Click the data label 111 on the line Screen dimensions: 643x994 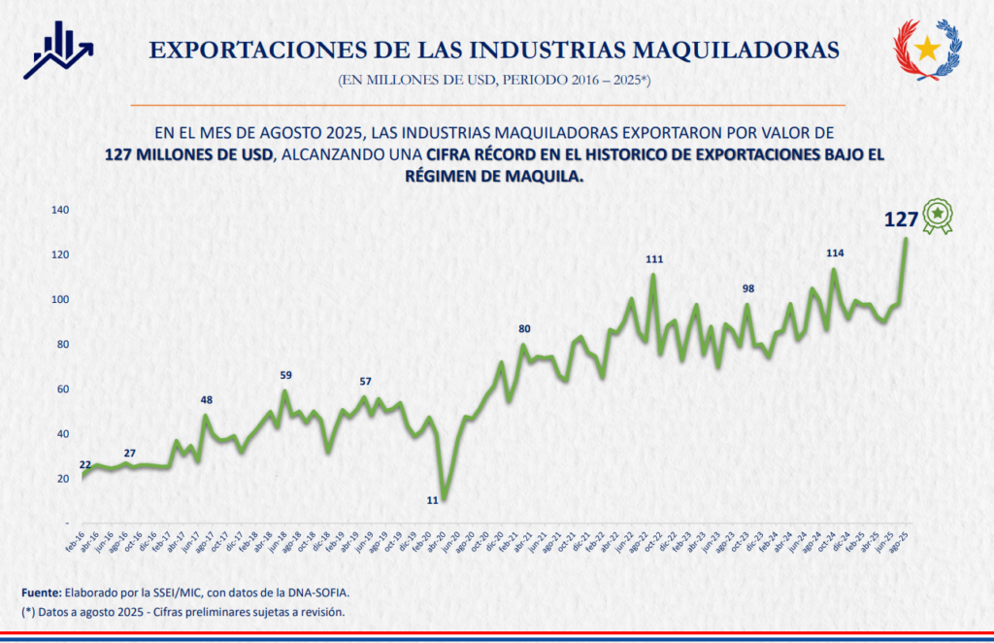(x=653, y=259)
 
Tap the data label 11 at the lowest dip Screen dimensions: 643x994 (x=434, y=500)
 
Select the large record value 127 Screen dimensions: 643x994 (x=901, y=220)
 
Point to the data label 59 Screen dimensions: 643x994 (x=285, y=375)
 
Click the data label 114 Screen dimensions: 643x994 (x=835, y=254)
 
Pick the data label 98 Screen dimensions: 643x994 (x=747, y=289)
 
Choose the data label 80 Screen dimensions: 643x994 (x=524, y=329)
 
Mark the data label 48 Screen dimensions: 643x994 (x=207, y=400)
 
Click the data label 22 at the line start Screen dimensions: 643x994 (x=85, y=465)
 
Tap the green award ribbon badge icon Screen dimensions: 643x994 (x=937, y=216)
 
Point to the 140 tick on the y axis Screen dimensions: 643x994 (x=60, y=210)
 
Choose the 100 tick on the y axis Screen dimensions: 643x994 (x=60, y=299)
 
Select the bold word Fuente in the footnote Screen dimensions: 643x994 (x=42, y=592)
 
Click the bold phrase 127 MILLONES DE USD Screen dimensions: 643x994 (x=189, y=154)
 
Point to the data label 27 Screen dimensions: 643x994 (x=130, y=454)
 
